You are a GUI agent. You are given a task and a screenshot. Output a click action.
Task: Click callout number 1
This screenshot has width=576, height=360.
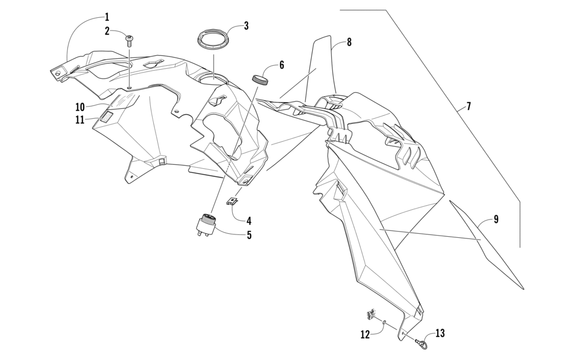coord(107,17)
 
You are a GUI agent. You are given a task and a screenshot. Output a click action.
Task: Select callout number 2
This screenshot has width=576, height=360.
coord(107,31)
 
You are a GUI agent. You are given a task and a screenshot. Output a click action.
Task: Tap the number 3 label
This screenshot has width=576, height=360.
coord(246,26)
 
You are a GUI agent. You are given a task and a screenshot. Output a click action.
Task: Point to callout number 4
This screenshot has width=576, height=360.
coord(249,221)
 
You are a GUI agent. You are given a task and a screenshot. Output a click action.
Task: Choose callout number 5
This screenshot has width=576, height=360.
coord(249,235)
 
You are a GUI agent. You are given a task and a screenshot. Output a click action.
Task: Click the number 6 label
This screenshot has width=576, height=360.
coord(282,65)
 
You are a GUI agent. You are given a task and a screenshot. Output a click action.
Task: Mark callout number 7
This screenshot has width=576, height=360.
coord(468,106)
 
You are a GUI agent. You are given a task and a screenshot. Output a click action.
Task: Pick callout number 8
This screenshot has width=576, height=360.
coord(349,42)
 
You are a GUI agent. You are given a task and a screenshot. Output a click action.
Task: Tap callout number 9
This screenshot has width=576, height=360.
coord(496,219)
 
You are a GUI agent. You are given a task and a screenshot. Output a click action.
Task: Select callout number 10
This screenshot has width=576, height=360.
coord(79,107)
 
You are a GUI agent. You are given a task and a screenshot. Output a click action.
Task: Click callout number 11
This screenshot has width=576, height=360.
coord(79,120)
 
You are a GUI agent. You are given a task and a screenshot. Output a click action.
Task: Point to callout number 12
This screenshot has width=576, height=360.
coord(365,334)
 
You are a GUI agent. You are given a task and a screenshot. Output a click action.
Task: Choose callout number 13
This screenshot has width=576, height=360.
coord(440,334)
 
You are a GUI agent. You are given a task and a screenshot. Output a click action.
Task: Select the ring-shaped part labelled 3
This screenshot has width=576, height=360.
coord(213,40)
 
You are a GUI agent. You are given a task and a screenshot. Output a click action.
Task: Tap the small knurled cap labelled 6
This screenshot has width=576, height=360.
coord(260,79)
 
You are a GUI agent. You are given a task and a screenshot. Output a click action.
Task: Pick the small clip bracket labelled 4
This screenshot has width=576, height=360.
coord(233,202)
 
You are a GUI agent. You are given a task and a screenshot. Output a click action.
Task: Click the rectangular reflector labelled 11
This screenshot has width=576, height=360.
coord(106,118)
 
